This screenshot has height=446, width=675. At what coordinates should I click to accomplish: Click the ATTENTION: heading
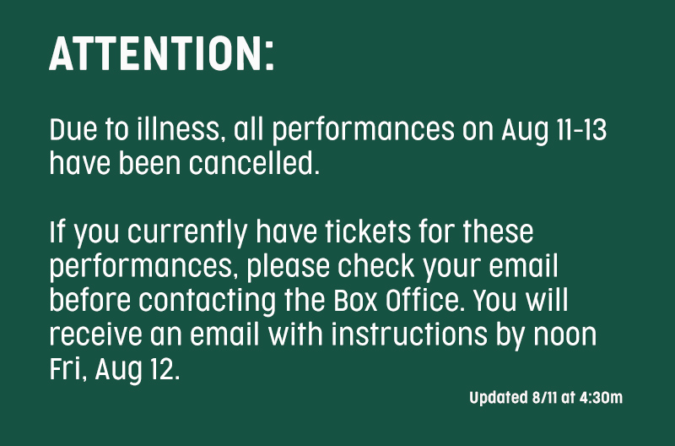(161, 53)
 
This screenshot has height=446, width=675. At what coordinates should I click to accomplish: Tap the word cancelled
(254, 164)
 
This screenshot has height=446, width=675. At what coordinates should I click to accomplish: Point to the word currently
(187, 232)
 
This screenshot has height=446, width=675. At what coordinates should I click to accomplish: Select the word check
(375, 266)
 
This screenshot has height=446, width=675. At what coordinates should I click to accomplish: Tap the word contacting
(207, 302)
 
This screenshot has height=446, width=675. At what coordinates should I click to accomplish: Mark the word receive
(95, 334)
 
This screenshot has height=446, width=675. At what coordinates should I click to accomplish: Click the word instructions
(409, 334)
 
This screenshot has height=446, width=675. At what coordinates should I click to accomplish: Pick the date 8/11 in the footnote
(544, 397)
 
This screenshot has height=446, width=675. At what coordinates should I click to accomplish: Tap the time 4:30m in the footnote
(601, 397)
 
